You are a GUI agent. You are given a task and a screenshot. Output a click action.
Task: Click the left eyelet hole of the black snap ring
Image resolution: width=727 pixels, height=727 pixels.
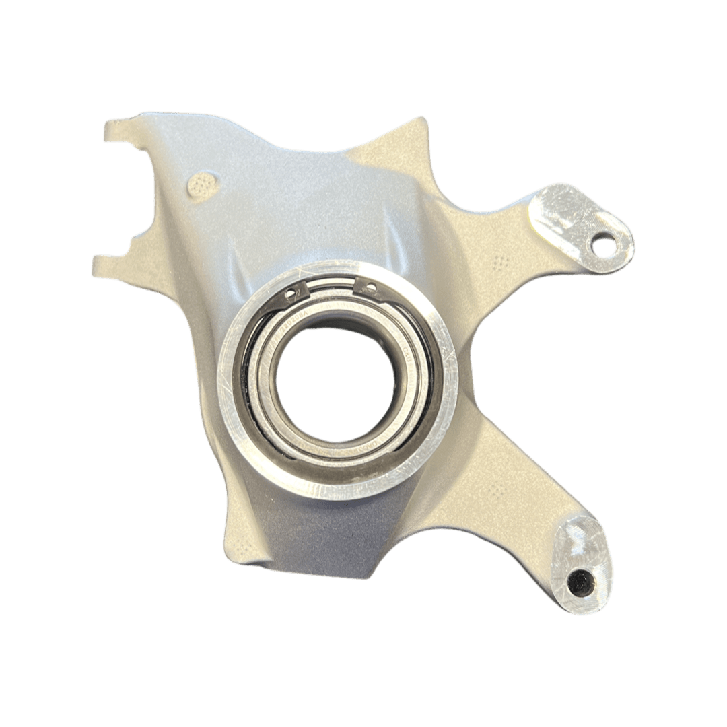tap(291, 293)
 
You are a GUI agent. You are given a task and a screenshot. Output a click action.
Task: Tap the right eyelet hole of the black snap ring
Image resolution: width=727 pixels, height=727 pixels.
tap(370, 287)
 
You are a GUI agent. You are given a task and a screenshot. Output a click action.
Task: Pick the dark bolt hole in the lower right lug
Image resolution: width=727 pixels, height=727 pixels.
tap(578, 584)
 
